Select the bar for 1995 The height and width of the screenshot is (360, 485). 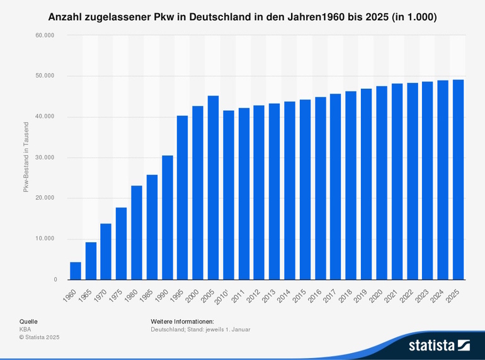pyautogui.click(x=183, y=198)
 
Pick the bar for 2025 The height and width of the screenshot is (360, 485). pyautogui.click(x=458, y=179)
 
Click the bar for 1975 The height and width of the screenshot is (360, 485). pyautogui.click(x=121, y=244)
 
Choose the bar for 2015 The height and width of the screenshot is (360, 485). pyautogui.click(x=305, y=189)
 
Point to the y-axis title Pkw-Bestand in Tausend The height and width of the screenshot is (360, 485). pyautogui.click(x=26, y=158)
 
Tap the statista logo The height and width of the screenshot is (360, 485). pyautogui.click(x=439, y=345)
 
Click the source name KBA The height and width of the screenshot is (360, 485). pyautogui.click(x=25, y=329)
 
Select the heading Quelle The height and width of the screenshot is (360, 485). pyautogui.click(x=28, y=321)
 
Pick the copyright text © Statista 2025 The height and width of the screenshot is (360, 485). pyautogui.click(x=39, y=337)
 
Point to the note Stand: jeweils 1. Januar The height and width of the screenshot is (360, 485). pyautogui.click(x=220, y=329)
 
